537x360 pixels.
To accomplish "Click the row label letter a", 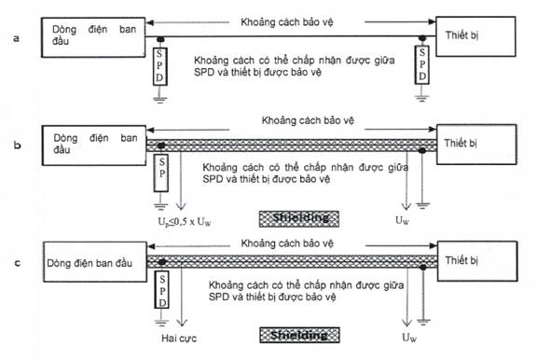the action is click(x=16, y=38).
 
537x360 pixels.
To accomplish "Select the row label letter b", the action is click(x=17, y=145).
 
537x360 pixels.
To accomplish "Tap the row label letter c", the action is click(x=18, y=263).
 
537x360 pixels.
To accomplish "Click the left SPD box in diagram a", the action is click(x=159, y=66).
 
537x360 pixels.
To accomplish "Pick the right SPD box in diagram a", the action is click(x=422, y=64).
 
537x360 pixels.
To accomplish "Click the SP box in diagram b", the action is click(x=161, y=173).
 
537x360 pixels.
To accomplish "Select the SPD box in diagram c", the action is click(x=161, y=290).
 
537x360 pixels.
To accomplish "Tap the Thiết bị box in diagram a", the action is click(x=475, y=36).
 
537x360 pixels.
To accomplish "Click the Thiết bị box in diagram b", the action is click(x=476, y=145).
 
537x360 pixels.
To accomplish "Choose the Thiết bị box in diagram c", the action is click(x=477, y=261).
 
